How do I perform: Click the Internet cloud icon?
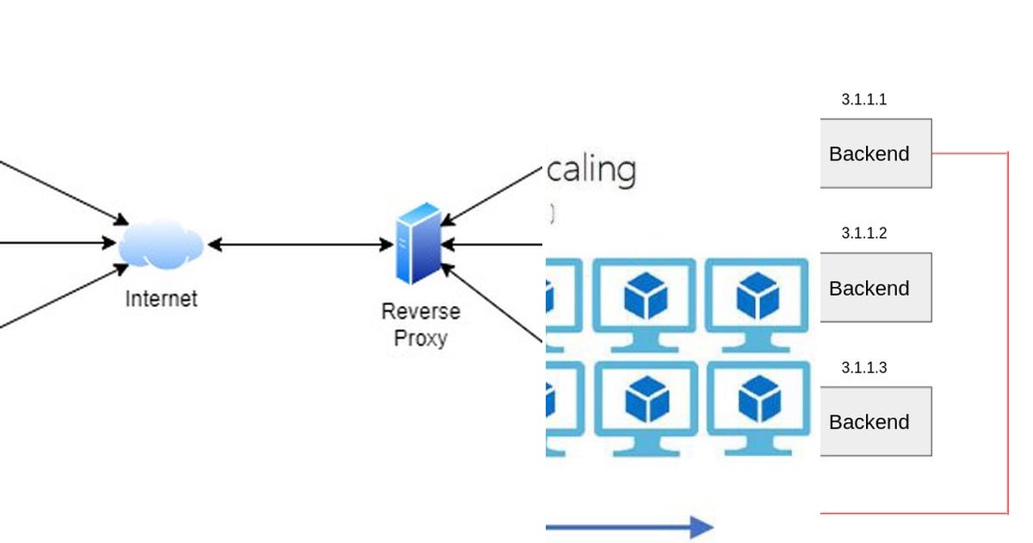[162, 244]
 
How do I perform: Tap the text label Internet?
[161, 299]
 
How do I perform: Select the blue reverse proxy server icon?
[418, 244]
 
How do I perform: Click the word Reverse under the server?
[420, 311]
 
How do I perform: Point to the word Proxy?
[420, 338]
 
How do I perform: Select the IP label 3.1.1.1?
[863, 100]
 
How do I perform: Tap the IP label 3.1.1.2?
[863, 234]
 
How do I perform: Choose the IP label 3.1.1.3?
[863, 368]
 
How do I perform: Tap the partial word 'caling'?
[591, 170]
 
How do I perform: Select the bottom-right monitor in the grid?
[757, 405]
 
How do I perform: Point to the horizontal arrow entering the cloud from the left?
[60, 244]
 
